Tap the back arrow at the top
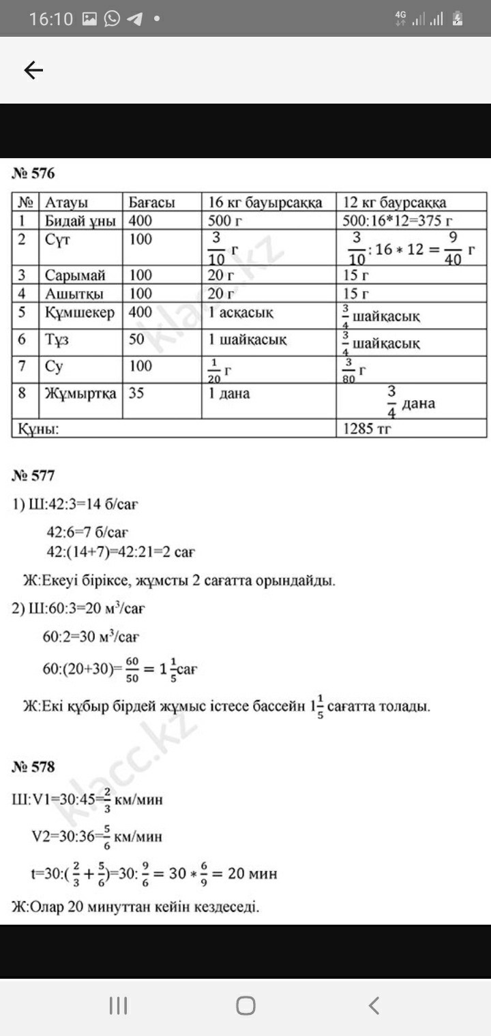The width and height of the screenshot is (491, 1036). click(33, 70)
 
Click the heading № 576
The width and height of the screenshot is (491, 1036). click(33, 174)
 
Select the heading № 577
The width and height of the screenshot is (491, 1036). click(33, 475)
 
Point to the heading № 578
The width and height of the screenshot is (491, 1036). click(33, 767)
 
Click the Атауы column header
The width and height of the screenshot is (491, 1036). click(66, 202)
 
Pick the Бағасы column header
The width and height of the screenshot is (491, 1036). click(151, 202)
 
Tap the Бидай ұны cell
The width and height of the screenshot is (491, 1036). click(80, 221)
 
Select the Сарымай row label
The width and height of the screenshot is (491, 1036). click(75, 275)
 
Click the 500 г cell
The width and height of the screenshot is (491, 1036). click(225, 221)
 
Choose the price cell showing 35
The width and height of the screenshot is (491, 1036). click(136, 393)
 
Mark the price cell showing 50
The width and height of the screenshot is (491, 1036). click(136, 339)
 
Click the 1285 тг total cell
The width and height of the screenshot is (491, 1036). click(368, 429)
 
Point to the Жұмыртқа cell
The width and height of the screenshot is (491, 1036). click(80, 393)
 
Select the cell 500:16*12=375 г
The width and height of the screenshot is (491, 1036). click(398, 221)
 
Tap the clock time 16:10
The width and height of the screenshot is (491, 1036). click(50, 19)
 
